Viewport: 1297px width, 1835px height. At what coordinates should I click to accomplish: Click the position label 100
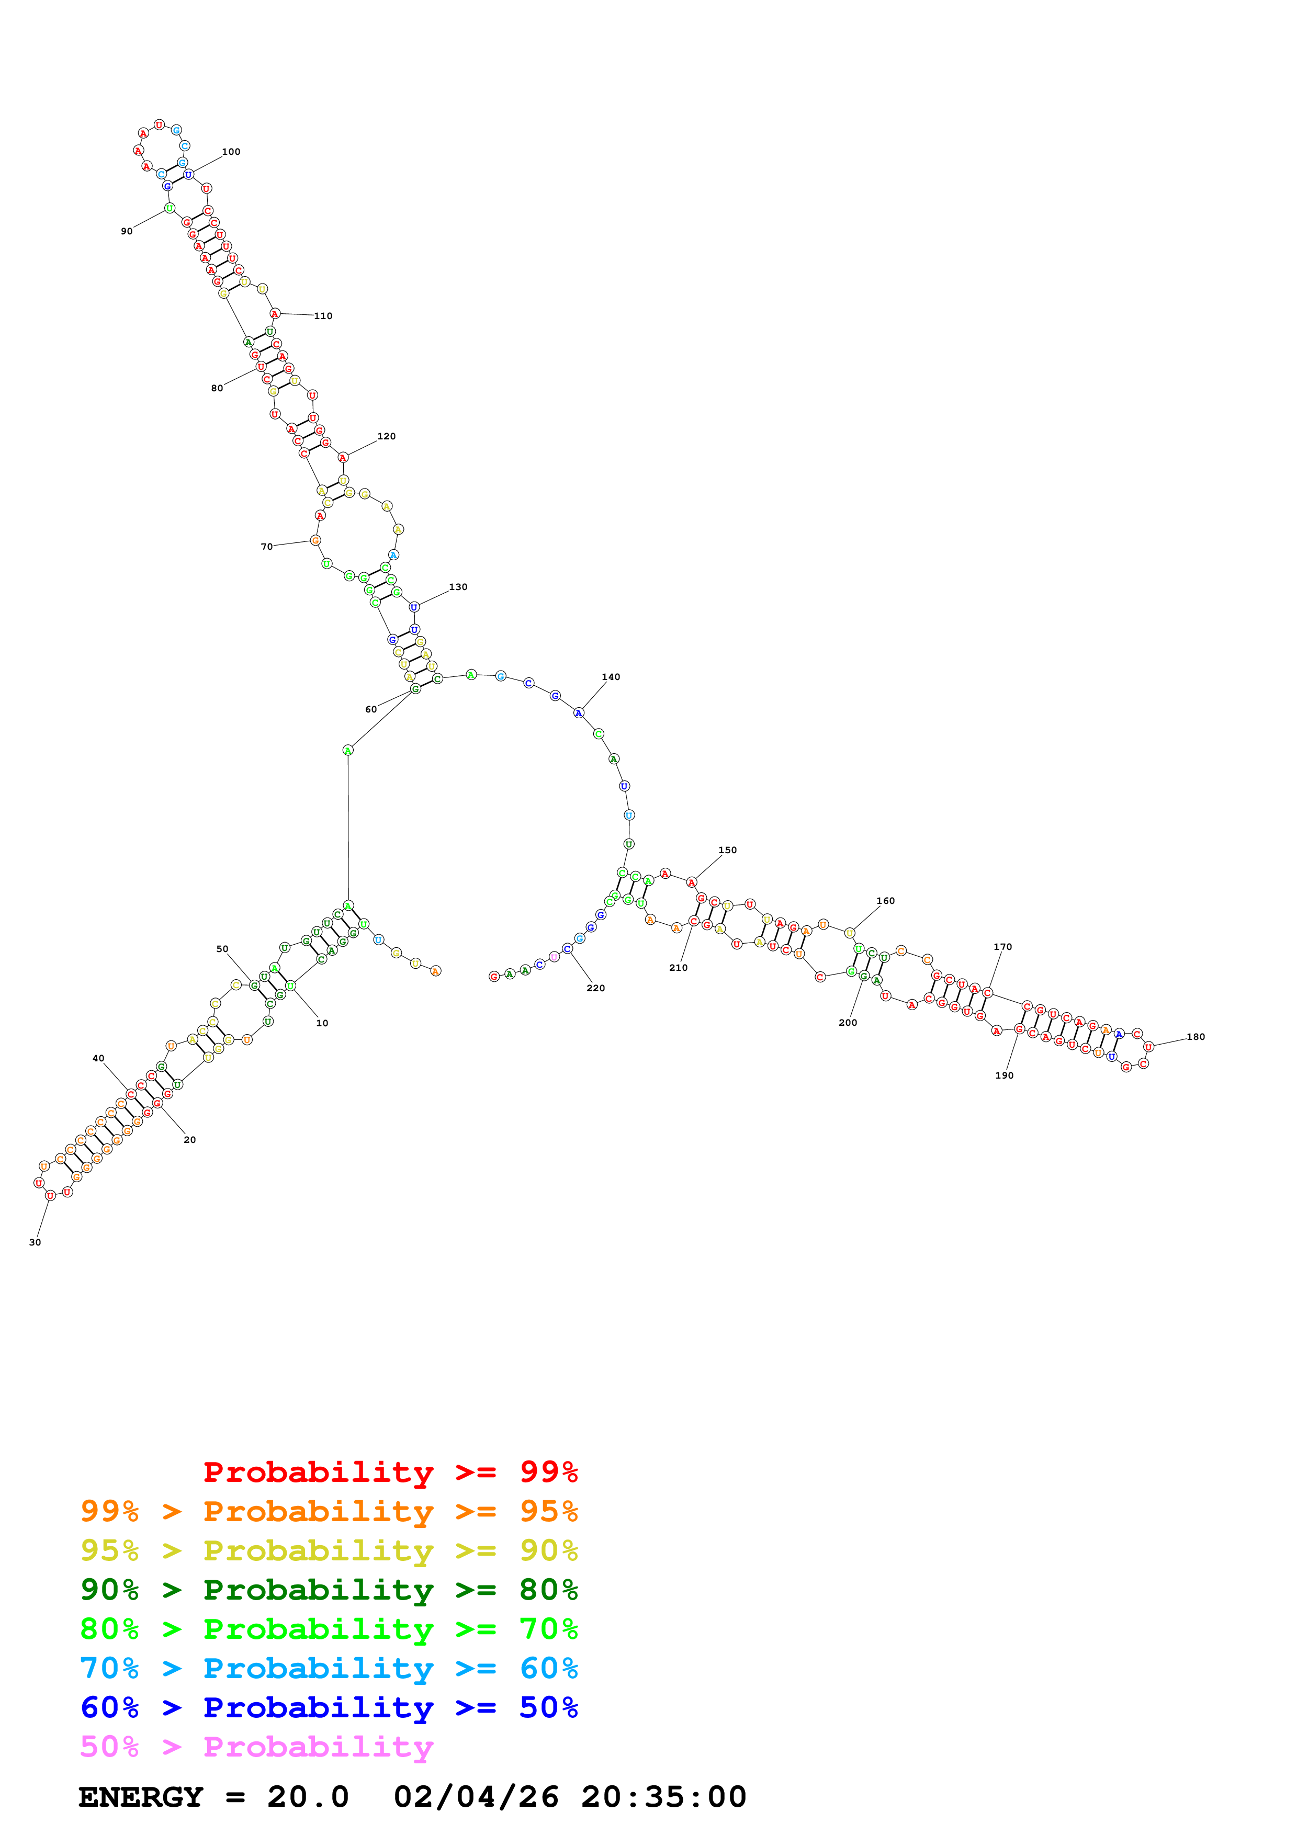point(231,152)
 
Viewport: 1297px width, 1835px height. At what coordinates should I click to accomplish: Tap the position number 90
point(126,232)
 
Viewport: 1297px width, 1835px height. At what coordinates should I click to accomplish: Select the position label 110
point(323,316)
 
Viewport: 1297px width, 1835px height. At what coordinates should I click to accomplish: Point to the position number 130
point(458,587)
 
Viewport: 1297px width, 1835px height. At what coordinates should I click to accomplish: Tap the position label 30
point(35,1243)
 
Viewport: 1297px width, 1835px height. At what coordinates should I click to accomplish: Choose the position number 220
point(595,989)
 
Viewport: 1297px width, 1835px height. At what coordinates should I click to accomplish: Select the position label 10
point(322,1024)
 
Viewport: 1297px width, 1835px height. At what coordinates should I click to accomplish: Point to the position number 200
point(848,1023)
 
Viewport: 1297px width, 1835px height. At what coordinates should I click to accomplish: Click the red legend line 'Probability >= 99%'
point(390,1472)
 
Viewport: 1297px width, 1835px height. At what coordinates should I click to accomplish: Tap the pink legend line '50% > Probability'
point(256,1747)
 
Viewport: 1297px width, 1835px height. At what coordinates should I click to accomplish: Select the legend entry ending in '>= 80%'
point(329,1590)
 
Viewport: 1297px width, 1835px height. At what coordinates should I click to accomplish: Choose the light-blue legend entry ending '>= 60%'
point(329,1669)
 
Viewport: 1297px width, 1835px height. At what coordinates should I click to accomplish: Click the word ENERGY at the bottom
point(141,1797)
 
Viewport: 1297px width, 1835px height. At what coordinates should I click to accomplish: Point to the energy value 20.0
point(308,1797)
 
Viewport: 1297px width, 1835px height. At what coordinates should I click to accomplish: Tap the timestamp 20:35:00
point(663,1797)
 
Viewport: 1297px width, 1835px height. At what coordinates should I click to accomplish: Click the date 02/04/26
point(476,1797)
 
